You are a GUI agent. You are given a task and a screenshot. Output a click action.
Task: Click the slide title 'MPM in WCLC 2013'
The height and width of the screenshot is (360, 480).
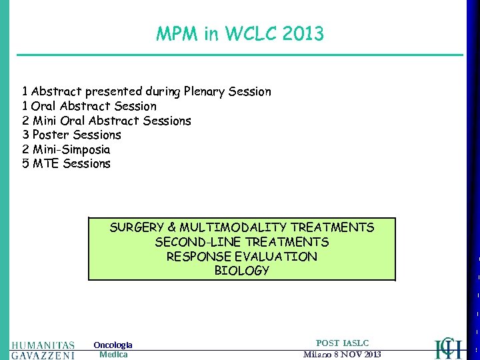pyautogui.click(x=240, y=33)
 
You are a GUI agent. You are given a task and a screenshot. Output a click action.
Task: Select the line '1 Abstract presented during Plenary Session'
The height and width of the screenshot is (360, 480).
pyautogui.click(x=147, y=91)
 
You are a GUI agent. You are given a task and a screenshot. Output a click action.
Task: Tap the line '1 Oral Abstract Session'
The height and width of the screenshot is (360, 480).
pyautogui.click(x=89, y=106)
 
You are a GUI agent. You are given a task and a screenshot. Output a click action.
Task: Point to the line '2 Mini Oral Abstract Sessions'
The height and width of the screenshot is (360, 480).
pyautogui.click(x=107, y=121)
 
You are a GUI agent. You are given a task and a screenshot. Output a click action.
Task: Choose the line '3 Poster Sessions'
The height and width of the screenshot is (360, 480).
pyautogui.click(x=72, y=135)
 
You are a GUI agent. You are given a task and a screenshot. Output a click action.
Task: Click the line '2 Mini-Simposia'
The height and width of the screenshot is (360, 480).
pyautogui.click(x=67, y=149)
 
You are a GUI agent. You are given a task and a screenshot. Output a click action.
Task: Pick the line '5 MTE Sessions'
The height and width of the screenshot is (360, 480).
pyautogui.click(x=67, y=163)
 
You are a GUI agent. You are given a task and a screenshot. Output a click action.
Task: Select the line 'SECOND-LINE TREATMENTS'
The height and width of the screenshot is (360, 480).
pyautogui.click(x=241, y=242)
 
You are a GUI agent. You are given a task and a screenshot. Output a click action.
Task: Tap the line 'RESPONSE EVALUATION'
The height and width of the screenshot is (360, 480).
pyautogui.click(x=241, y=257)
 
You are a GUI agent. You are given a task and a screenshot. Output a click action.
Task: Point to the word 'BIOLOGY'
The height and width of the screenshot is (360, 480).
pyautogui.click(x=241, y=271)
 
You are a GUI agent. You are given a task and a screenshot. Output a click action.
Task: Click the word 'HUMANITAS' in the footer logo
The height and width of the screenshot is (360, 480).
pyautogui.click(x=43, y=345)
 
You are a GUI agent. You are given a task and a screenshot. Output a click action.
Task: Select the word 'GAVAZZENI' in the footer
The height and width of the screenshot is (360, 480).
pyautogui.click(x=43, y=355)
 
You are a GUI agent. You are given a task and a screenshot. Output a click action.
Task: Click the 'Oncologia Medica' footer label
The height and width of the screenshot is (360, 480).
pyautogui.click(x=113, y=349)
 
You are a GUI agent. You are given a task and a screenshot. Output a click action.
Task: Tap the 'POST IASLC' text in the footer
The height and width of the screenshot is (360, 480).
pyautogui.click(x=342, y=343)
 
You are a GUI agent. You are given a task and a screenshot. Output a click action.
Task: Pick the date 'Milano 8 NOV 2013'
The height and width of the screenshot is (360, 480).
pyautogui.click(x=342, y=354)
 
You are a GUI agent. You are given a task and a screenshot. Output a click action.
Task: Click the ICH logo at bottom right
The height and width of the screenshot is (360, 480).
pyautogui.click(x=448, y=347)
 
